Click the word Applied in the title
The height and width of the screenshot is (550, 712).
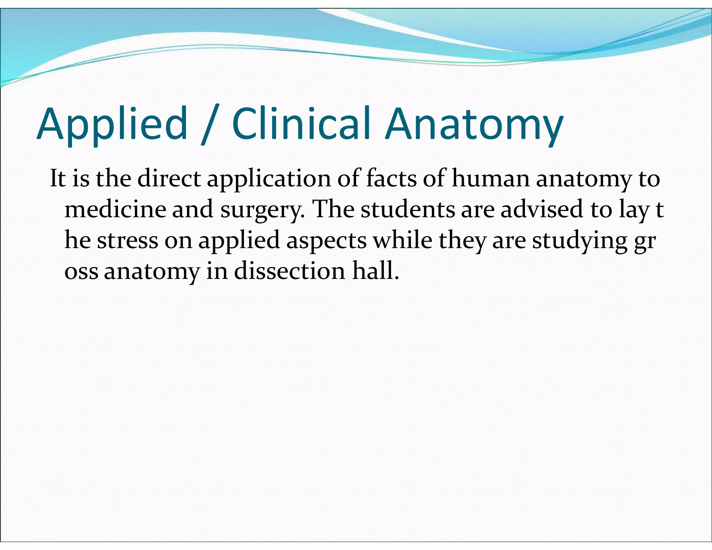(x=112, y=124)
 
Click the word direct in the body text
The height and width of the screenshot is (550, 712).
(x=169, y=179)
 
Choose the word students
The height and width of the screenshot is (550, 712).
(x=408, y=210)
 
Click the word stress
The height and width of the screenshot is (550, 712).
(x=127, y=241)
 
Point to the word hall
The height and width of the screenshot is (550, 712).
(x=375, y=271)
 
